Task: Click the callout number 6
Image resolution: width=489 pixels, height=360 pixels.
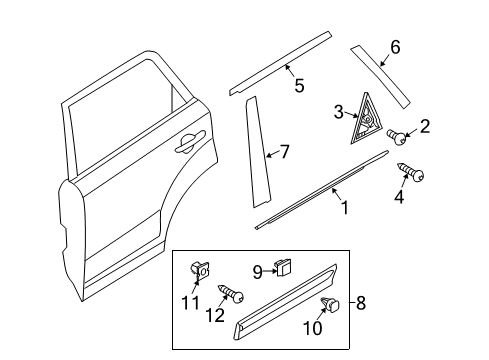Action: [395, 47]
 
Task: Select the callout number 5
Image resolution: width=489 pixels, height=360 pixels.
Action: [299, 85]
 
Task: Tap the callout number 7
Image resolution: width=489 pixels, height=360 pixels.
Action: [284, 152]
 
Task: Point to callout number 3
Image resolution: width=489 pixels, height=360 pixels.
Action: [338, 112]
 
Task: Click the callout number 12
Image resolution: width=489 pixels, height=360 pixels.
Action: [215, 315]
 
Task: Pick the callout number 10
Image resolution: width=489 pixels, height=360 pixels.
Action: [313, 328]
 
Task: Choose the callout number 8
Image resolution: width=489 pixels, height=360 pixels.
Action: [361, 303]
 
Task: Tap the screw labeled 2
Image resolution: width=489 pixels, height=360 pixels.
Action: [397, 137]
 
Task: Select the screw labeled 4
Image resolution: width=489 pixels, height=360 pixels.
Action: [410, 172]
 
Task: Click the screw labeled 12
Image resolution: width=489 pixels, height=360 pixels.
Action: [231, 294]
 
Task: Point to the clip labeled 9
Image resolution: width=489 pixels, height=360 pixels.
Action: [283, 267]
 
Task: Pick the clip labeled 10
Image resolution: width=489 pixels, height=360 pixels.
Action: [330, 304]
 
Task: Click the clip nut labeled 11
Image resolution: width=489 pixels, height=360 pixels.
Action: [200, 270]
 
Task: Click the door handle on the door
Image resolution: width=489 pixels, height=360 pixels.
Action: [190, 143]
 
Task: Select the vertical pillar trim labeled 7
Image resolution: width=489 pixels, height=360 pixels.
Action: [257, 152]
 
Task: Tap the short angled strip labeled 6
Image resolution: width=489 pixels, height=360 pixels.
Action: [380, 77]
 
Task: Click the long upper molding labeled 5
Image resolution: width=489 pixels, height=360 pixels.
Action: [280, 63]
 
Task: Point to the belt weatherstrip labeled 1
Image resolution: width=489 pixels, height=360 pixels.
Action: [322, 190]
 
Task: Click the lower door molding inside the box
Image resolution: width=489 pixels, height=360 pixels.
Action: [286, 302]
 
